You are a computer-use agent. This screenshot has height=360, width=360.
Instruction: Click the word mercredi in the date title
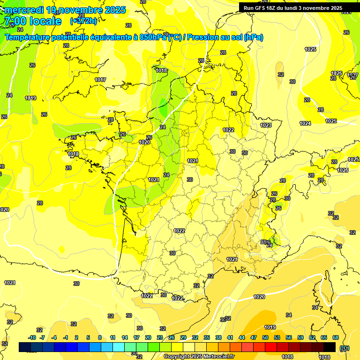23,10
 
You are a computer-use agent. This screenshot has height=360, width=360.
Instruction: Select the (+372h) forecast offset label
83,21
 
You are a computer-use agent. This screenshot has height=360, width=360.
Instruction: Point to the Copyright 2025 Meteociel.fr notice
199,356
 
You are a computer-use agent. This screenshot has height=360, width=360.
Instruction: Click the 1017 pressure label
100,80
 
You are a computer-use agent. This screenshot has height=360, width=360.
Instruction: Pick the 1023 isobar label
266,125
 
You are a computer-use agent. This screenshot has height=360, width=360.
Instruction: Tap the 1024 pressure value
305,123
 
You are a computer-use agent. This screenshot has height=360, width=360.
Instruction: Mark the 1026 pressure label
336,73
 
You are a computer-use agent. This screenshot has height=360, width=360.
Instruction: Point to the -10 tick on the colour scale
32,337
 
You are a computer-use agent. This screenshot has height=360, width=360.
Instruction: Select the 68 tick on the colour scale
336,337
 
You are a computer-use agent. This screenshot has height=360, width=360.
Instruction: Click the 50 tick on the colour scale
265,337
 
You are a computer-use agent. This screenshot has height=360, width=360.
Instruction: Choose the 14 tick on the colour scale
125,337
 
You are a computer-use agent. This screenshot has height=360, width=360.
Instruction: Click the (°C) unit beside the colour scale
345,347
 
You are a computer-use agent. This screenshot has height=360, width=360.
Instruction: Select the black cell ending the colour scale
330,347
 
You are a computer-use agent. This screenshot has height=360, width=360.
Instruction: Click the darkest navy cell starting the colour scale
25,347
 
